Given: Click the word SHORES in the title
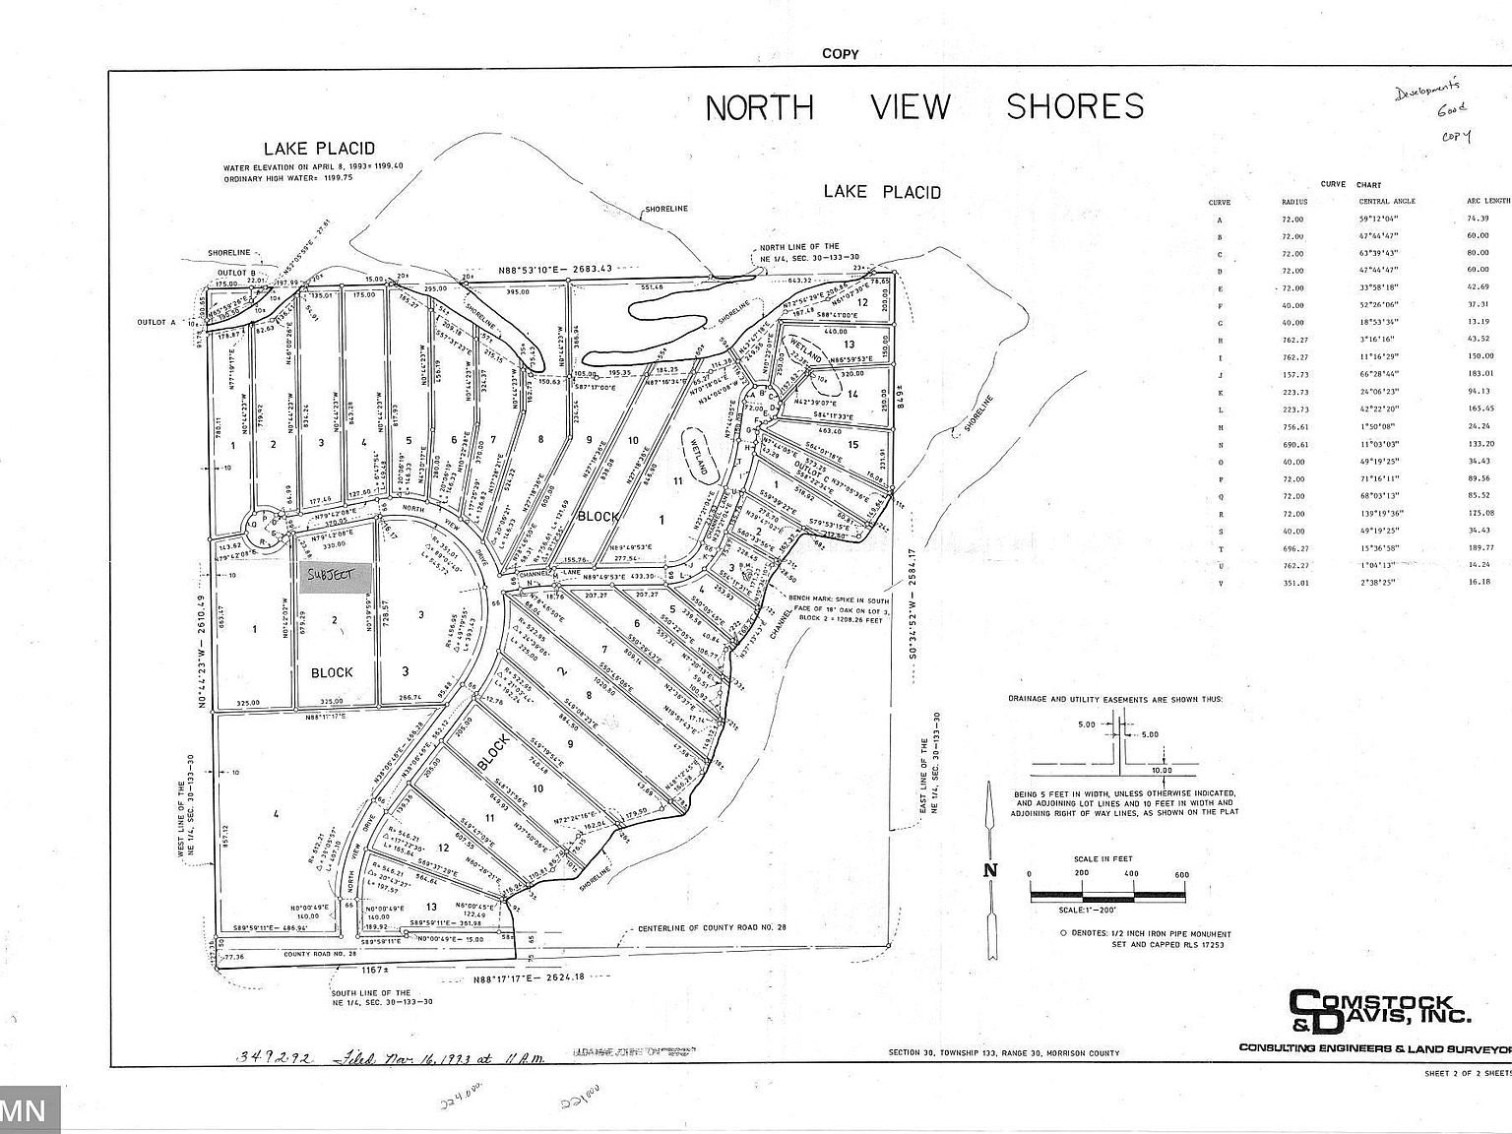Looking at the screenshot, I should [x=1075, y=106].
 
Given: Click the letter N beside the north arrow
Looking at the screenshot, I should [x=991, y=869].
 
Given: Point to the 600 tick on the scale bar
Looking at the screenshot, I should [x=1181, y=874].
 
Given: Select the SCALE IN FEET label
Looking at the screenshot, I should [x=1104, y=859].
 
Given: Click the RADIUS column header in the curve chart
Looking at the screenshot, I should [x=1293, y=202].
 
